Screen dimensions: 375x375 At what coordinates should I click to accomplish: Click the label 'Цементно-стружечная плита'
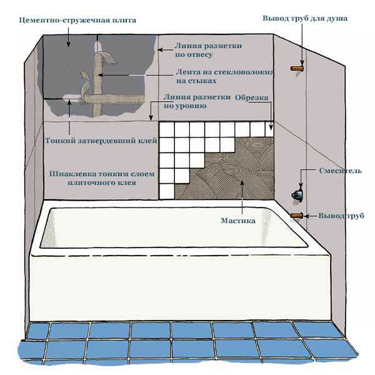coord(77,20)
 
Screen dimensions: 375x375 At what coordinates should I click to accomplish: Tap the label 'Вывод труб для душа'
coord(305,18)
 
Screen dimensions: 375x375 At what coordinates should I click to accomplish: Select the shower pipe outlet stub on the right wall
coord(297,68)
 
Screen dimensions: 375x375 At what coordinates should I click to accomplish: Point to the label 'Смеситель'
coord(341,171)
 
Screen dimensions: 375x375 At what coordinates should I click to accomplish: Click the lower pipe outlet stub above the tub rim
coord(296,216)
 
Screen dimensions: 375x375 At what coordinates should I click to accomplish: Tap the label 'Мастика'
coord(238,221)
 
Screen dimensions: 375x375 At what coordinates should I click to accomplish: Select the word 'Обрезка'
coord(252,97)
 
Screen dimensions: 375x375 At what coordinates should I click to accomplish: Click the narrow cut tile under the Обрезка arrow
coord(269,129)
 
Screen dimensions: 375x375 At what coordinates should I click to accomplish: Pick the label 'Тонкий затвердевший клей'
coord(101,141)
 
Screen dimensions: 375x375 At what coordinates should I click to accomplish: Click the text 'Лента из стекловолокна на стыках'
coord(225,76)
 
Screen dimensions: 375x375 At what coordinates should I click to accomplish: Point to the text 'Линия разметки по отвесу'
coord(208,50)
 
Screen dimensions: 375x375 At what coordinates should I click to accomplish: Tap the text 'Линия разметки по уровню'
coord(197,101)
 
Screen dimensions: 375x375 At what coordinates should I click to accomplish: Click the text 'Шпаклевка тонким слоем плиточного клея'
coord(102,178)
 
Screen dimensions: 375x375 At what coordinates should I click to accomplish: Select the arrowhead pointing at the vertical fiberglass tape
coord(101,75)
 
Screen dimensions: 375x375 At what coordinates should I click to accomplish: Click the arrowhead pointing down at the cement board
coord(68,44)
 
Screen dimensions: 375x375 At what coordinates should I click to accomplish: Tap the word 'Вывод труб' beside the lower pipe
coord(341,216)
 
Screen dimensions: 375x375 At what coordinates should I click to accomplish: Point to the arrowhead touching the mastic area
coord(242,182)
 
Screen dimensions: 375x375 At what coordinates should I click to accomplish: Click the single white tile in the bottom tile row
coord(167,192)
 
